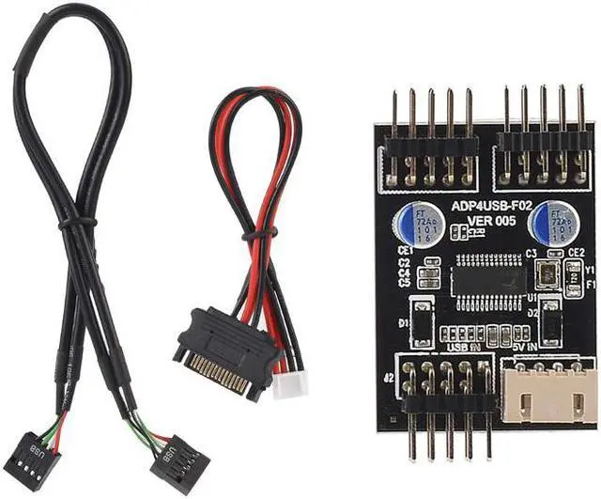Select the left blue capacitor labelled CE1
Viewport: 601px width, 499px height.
[x=414, y=224]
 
